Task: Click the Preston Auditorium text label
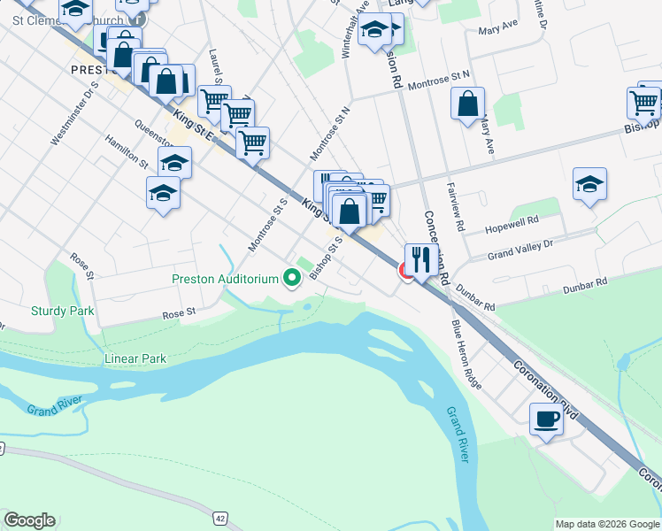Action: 226,280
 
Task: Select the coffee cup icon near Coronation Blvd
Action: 546,419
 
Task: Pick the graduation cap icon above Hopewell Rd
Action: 589,184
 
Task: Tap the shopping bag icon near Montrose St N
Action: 467,104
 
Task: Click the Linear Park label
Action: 135,358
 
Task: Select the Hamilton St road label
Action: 126,151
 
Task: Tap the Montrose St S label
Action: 269,225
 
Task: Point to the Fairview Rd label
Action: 456,206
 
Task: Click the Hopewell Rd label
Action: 512,225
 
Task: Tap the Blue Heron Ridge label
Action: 467,356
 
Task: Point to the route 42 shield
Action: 220,517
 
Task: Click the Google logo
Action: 28,520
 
